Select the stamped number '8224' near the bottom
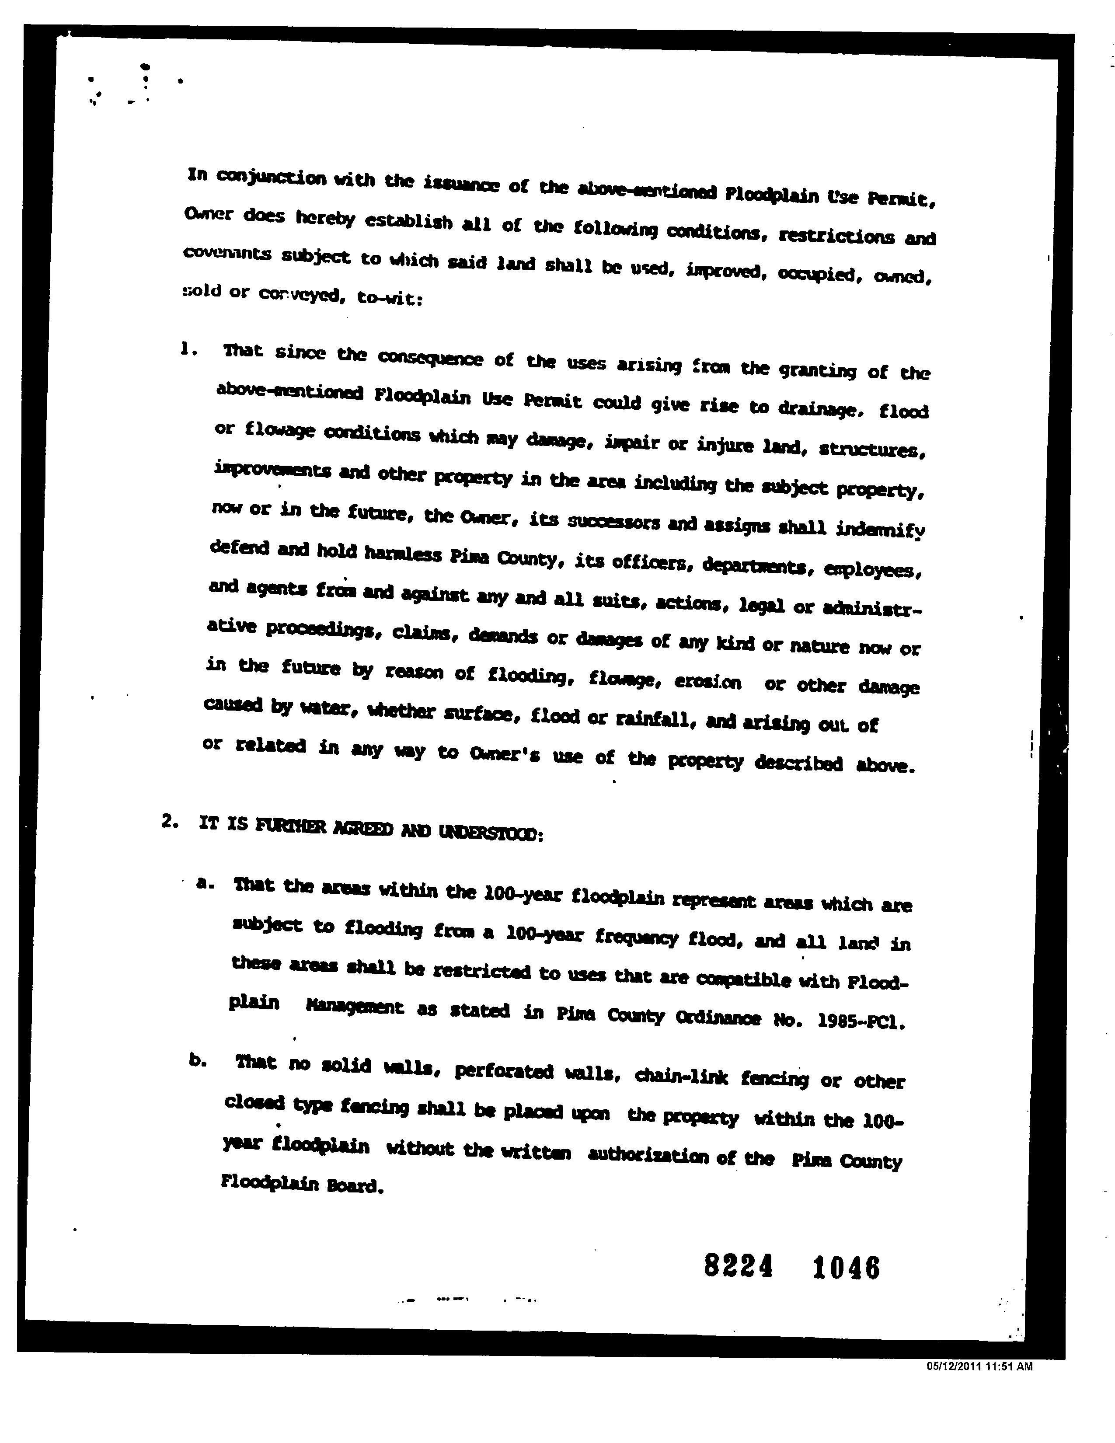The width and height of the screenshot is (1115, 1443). (x=738, y=1266)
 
